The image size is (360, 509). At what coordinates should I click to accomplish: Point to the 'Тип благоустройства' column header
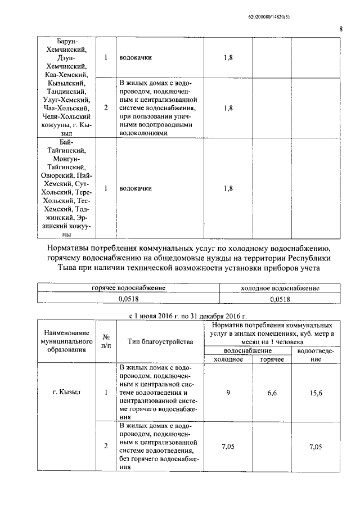pyautogui.click(x=160, y=341)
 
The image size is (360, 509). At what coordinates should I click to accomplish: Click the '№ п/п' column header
pyautogui.click(x=106, y=341)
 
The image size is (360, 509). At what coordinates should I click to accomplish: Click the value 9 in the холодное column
pyautogui.click(x=228, y=393)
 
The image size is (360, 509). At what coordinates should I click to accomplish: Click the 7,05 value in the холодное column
pyautogui.click(x=228, y=446)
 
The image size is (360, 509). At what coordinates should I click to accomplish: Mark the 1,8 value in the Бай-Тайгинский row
pyautogui.click(x=228, y=188)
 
